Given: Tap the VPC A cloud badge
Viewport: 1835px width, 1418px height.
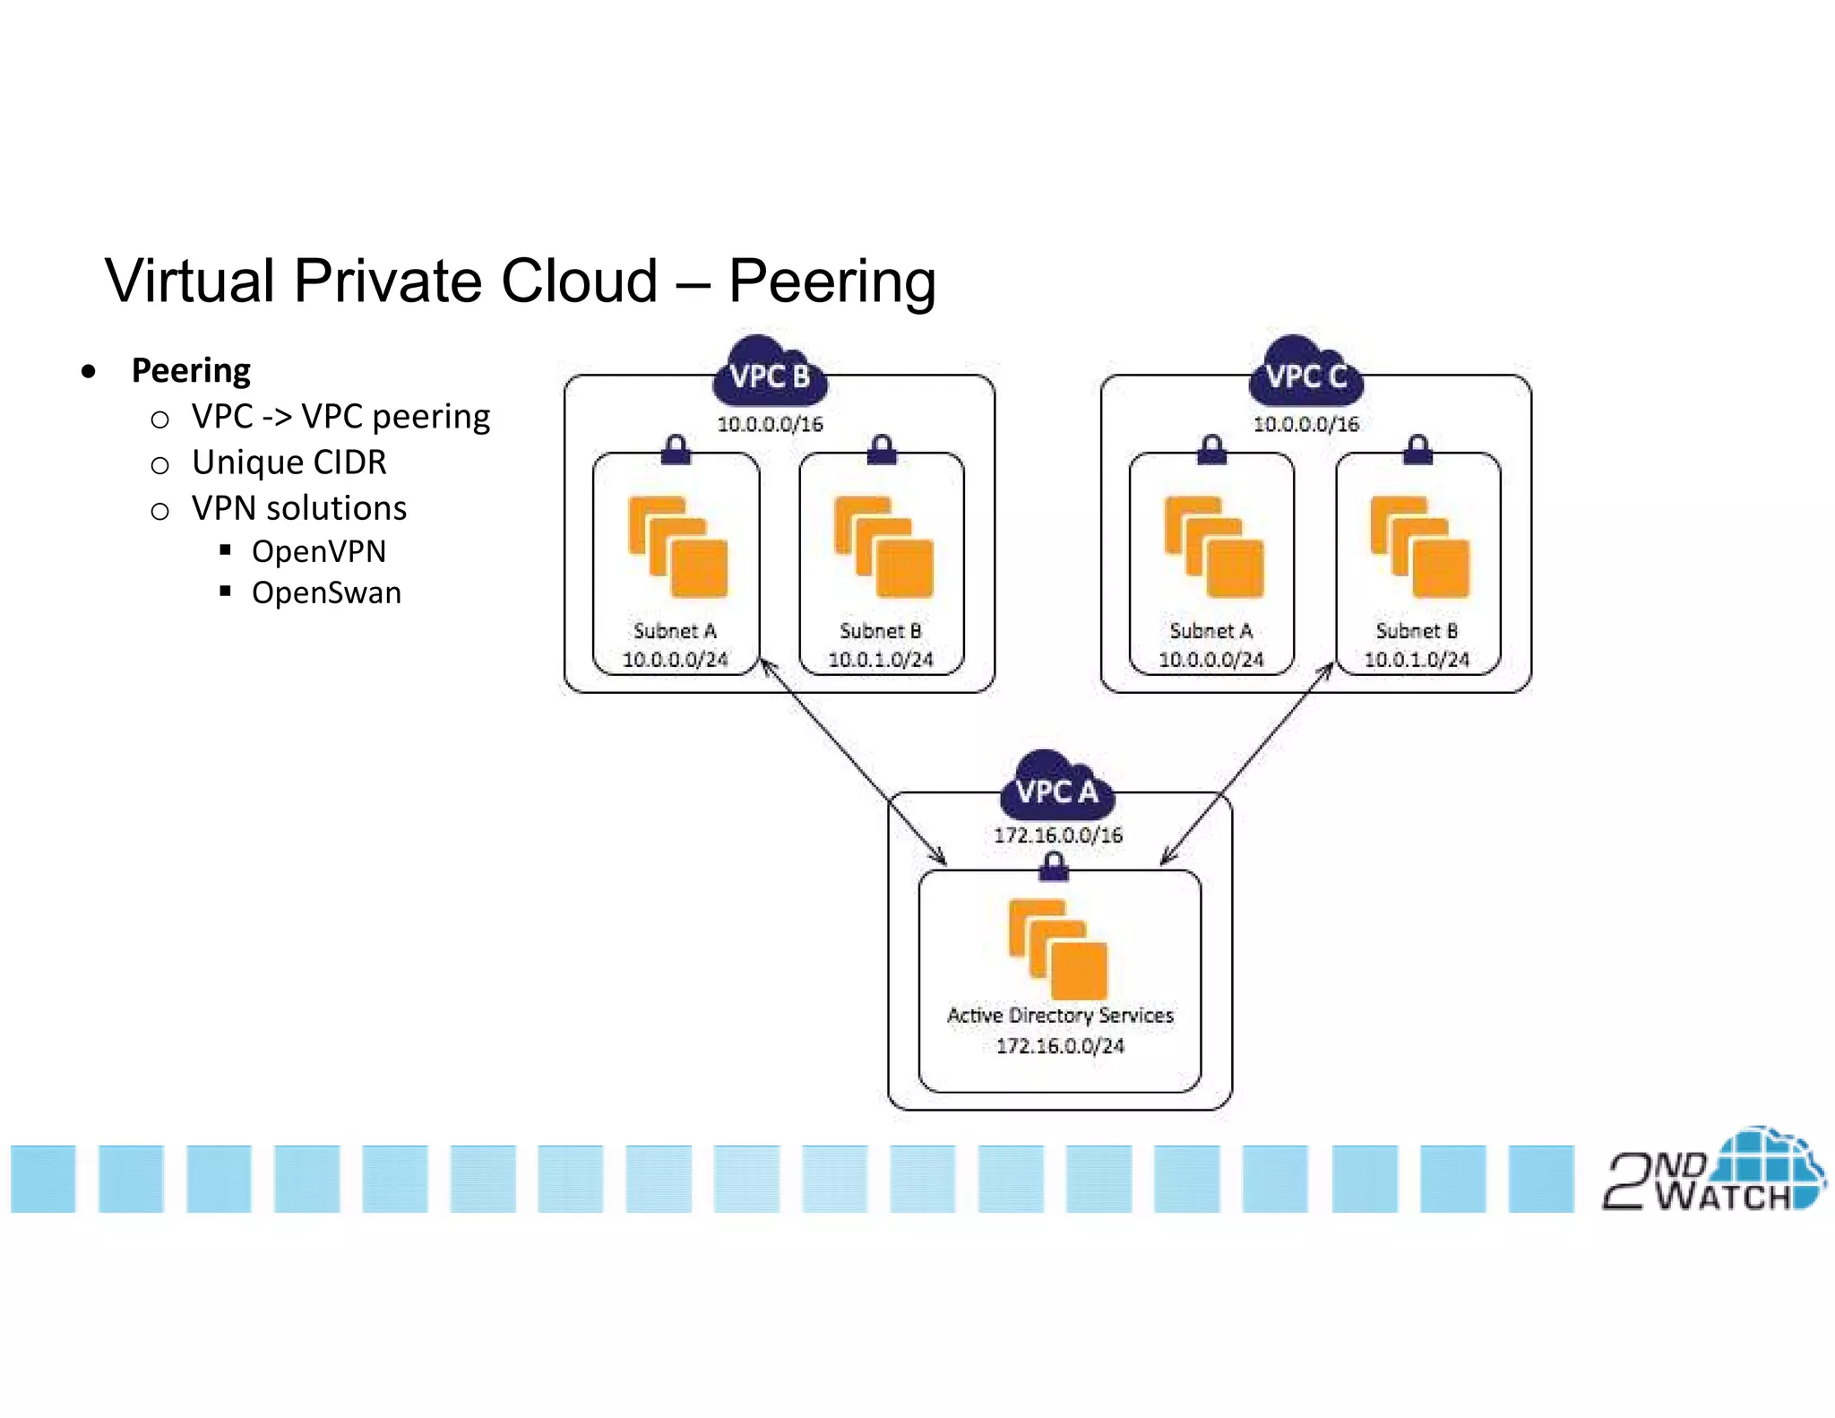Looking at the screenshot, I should (1056, 789).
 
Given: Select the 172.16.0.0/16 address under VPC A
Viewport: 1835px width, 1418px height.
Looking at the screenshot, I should (1058, 835).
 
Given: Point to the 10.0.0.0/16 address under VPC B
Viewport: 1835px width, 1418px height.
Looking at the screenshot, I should (770, 424).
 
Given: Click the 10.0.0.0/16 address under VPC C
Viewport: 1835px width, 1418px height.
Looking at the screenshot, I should (1305, 424).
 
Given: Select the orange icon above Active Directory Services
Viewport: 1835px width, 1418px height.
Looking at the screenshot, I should (1057, 950).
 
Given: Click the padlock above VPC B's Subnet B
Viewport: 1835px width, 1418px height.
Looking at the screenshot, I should (882, 449).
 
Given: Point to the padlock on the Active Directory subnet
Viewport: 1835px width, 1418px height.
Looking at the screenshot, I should (1054, 867).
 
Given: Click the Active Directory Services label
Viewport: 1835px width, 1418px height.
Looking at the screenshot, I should (1060, 1016).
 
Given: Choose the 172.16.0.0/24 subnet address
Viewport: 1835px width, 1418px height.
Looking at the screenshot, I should (1060, 1046).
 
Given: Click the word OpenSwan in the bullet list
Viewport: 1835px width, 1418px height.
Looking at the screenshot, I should (326, 593).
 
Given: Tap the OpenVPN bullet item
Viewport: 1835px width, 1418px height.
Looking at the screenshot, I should (318, 551).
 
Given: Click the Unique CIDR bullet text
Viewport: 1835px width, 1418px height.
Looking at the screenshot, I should (289, 463).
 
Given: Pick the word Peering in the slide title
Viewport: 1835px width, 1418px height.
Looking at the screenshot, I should (831, 281).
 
